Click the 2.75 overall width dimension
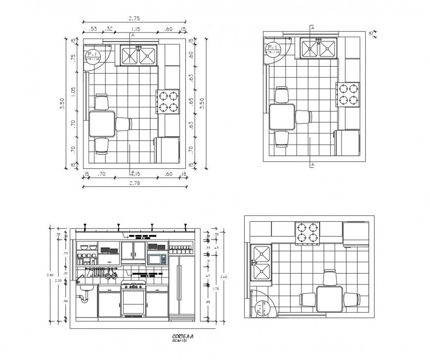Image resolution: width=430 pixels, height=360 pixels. point(133,18)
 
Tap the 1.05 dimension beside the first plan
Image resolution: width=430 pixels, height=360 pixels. point(74,92)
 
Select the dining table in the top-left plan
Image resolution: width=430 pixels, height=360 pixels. point(102,123)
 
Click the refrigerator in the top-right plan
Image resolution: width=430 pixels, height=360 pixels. point(348,142)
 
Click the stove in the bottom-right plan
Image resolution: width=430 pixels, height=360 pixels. point(307,233)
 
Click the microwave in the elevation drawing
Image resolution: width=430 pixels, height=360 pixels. point(157,259)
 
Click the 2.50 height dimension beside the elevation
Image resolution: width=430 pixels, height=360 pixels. point(49,275)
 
